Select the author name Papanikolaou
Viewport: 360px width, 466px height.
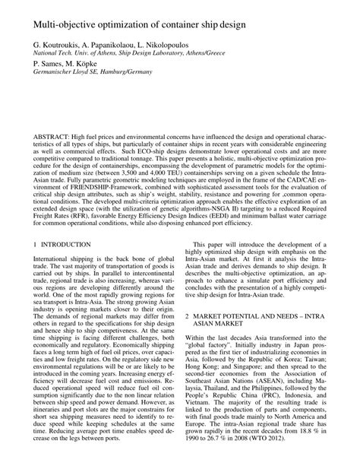[127, 46]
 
